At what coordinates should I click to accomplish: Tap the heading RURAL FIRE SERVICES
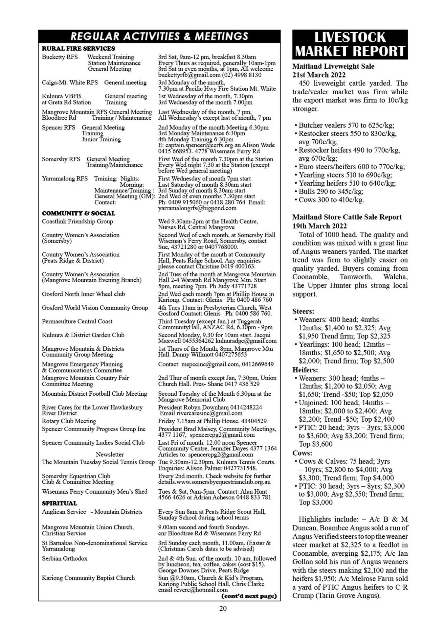tap(78, 49)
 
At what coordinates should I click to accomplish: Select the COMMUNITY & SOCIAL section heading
tap(78, 213)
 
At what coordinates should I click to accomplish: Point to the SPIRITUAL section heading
tap(59, 503)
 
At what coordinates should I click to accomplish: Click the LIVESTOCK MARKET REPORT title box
tap(350, 44)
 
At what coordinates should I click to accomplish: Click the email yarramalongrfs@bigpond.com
tap(197, 208)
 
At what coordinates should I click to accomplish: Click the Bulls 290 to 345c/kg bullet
tap(331, 191)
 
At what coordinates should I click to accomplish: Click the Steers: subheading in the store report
tap(303, 311)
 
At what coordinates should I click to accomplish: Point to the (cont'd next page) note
tap(249, 596)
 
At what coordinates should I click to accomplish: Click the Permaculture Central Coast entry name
tap(77, 321)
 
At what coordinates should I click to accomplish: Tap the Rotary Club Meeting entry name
tap(69, 421)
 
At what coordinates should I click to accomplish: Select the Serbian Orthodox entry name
tap(64, 558)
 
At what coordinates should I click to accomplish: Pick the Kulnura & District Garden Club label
tap(83, 335)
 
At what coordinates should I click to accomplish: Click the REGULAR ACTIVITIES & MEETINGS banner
tap(159, 36)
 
